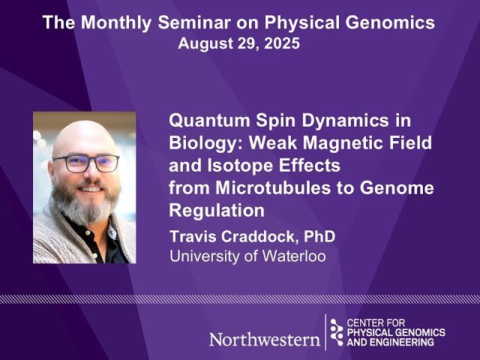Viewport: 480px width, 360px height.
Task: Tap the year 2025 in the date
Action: coord(280,43)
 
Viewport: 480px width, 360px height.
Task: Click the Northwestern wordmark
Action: coord(264,339)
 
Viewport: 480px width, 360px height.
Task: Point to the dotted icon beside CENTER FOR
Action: coord(336,331)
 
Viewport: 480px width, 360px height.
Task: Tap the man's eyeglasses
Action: coord(85,162)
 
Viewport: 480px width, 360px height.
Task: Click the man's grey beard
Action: coord(85,206)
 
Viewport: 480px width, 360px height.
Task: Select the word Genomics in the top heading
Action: coord(396,22)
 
